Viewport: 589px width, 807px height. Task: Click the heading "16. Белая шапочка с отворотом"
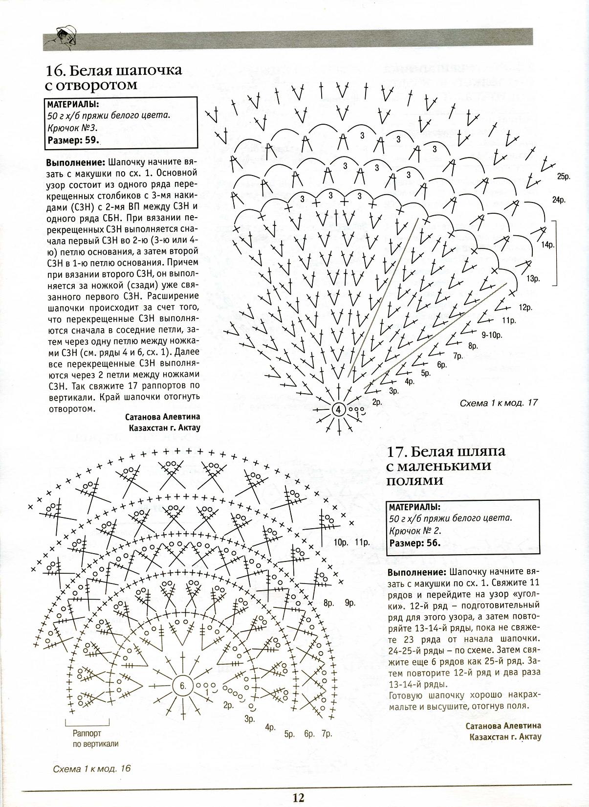[113, 77]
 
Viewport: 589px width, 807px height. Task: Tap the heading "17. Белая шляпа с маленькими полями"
[446, 466]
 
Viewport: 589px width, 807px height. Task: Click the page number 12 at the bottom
[299, 798]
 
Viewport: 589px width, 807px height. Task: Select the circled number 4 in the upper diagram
[339, 409]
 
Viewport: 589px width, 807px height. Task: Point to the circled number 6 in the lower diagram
[183, 686]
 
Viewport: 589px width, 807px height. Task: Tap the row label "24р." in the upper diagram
[559, 200]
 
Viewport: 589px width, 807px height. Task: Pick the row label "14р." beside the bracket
[547, 245]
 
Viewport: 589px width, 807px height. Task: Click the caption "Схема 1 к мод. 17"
[499, 403]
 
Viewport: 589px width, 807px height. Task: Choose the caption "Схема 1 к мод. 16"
[92, 768]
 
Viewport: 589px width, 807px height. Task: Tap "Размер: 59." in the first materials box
[73, 140]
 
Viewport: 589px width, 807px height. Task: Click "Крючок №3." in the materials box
[73, 128]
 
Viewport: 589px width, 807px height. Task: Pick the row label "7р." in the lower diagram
[327, 734]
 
